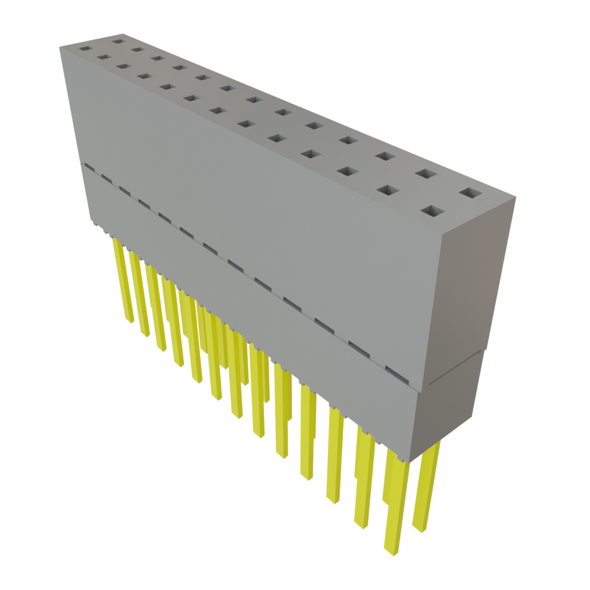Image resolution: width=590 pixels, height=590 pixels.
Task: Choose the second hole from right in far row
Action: coord(425,173)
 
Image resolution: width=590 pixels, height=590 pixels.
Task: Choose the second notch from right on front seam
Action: coord(360,349)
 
